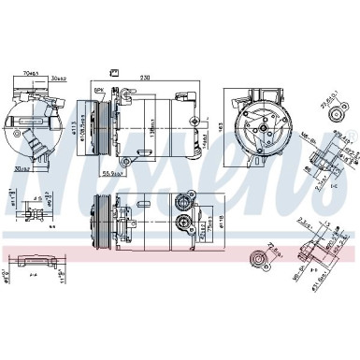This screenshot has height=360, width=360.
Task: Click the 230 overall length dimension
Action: pos(146,78)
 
